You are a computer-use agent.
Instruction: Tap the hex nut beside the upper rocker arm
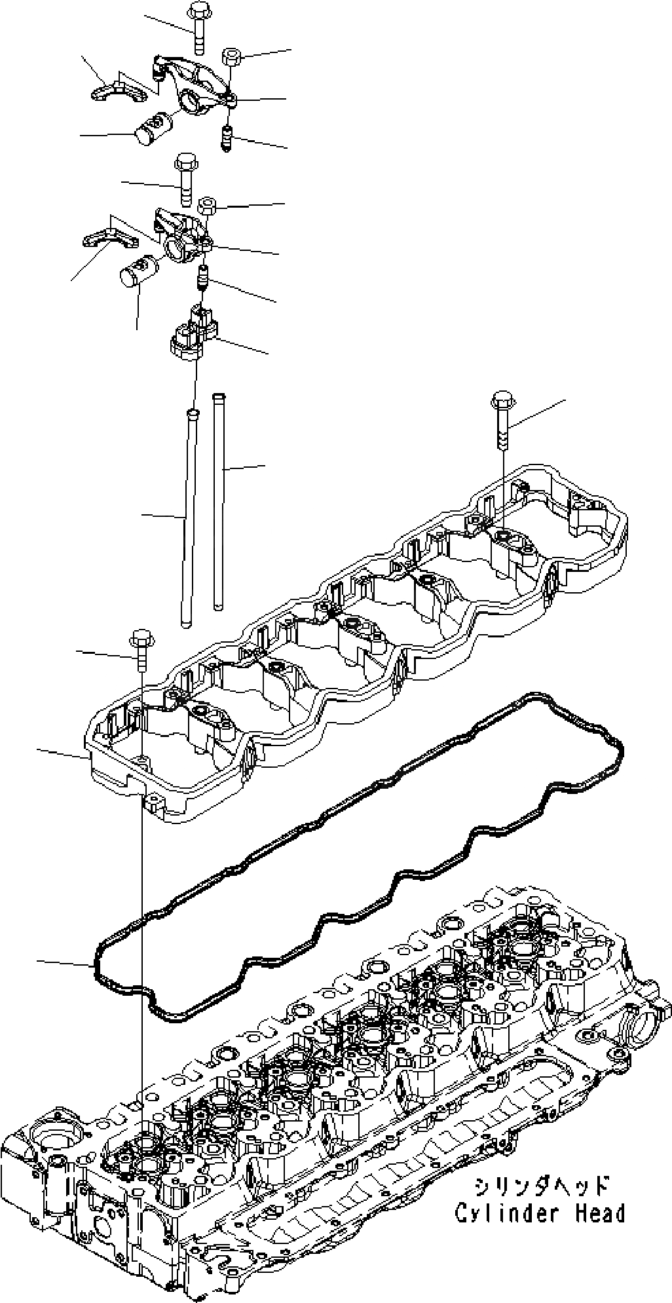pos(233,57)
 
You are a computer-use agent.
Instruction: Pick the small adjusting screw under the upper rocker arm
pos(227,138)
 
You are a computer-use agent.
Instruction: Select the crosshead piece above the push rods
pos(193,334)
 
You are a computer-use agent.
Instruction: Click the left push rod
pos(189,518)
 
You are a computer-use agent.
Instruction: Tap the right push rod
pos(218,498)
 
